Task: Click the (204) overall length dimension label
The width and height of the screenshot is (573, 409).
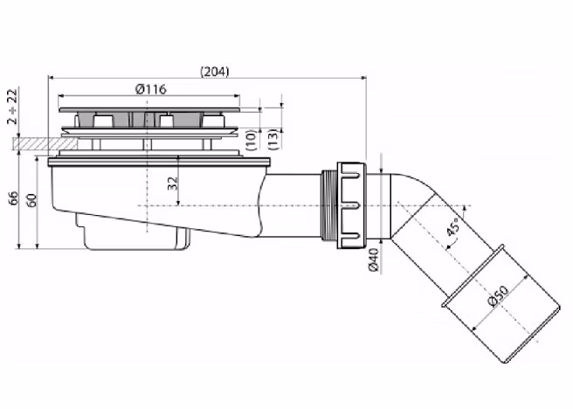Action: (215, 72)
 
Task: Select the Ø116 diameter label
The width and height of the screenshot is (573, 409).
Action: (150, 89)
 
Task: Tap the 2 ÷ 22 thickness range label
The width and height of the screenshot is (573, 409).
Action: (12, 107)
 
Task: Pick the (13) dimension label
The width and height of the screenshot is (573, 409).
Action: (273, 139)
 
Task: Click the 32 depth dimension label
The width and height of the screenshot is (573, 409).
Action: (172, 184)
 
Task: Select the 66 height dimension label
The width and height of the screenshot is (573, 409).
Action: (13, 198)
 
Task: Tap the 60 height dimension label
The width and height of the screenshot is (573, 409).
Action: (32, 200)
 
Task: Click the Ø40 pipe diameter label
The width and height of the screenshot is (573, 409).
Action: (374, 260)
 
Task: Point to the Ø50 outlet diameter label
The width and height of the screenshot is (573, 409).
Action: (498, 295)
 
